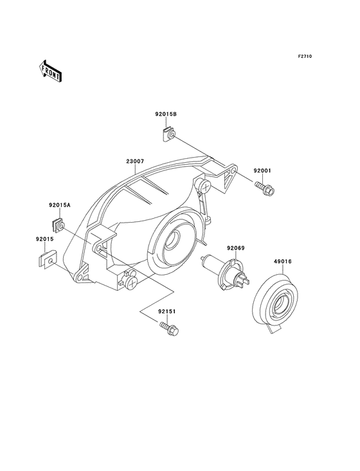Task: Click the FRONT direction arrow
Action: coord(50,71)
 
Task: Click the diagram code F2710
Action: coord(305,56)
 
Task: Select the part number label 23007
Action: coord(135,162)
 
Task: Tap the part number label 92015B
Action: coord(166,114)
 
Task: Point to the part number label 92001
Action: coord(262,171)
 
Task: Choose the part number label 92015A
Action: coord(60,205)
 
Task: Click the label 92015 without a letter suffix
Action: coord(45,239)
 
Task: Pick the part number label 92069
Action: coord(235,248)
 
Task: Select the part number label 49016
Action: coord(282,262)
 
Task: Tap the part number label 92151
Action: coord(167,311)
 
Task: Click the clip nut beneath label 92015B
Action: coord(168,134)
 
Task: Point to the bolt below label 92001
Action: coord(265,189)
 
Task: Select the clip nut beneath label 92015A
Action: coord(59,225)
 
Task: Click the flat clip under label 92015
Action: coord(49,259)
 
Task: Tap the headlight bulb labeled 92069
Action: coord(225,272)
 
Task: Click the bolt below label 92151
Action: coord(169,329)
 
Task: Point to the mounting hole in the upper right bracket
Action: coord(233,171)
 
